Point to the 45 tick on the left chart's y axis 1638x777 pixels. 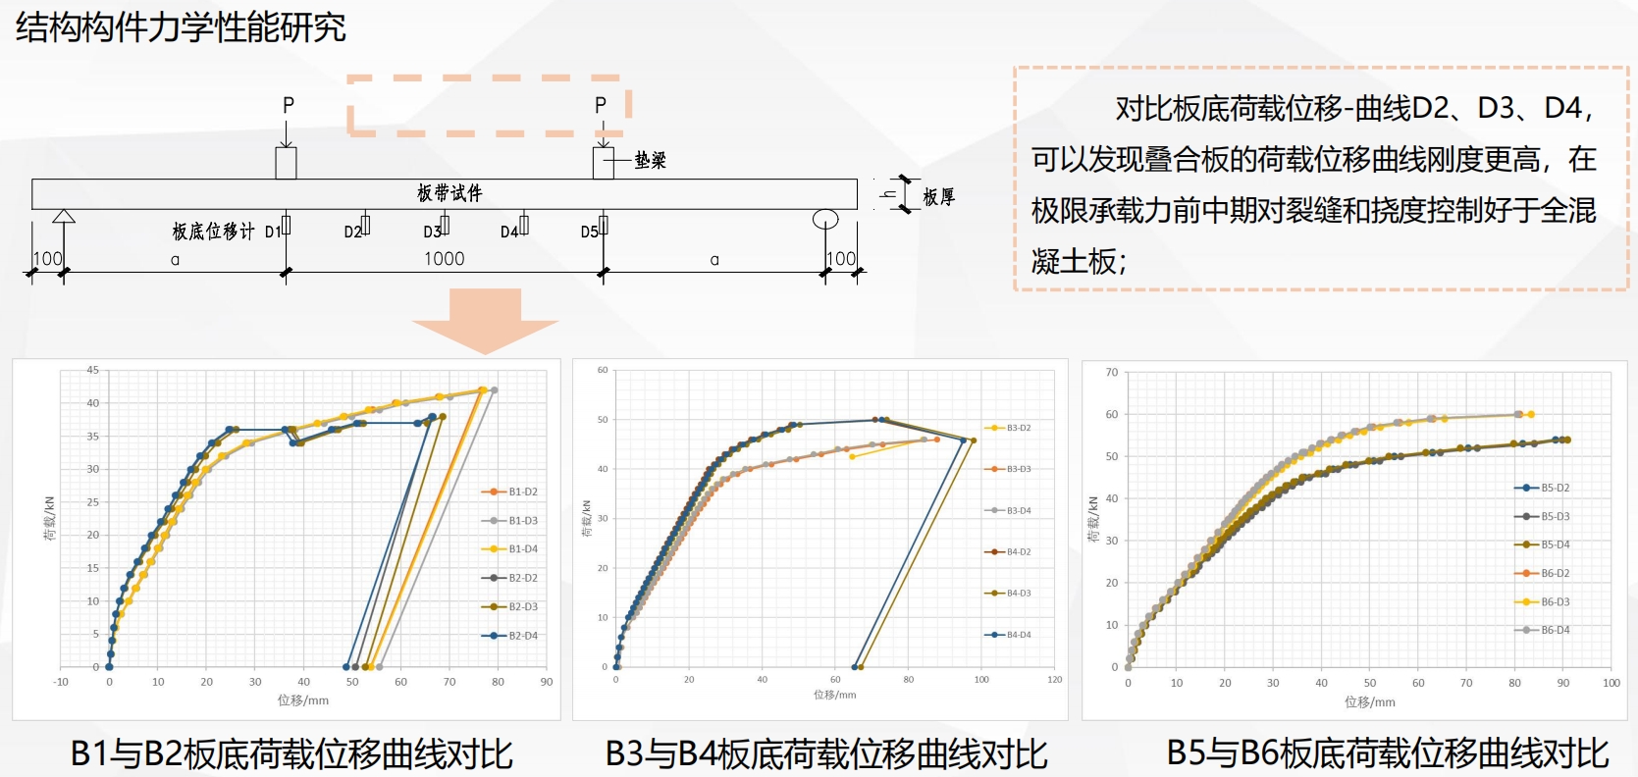(x=92, y=370)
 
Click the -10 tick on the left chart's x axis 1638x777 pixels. (x=61, y=682)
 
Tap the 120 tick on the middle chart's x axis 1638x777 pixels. (x=1054, y=679)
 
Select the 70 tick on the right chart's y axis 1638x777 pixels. (x=1112, y=372)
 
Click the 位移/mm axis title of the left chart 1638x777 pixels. (x=303, y=700)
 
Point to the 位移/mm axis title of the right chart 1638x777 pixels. (x=1370, y=701)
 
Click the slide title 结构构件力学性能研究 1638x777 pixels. (x=181, y=27)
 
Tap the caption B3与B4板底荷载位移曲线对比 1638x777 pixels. (x=826, y=754)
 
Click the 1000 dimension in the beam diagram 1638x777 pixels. (x=444, y=259)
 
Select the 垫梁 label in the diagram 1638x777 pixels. (x=650, y=160)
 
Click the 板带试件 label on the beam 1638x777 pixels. (x=449, y=192)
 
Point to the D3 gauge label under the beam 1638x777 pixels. (x=433, y=232)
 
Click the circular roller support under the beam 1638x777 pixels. (x=825, y=219)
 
